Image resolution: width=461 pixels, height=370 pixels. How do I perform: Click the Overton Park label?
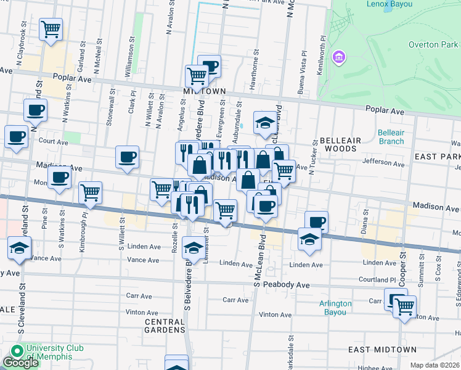(433, 44)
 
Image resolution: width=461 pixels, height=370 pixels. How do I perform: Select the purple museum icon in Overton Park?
(338, 58)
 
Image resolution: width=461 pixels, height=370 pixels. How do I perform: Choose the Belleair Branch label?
(391, 137)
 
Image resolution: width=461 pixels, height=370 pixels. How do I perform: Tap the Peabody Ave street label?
(286, 286)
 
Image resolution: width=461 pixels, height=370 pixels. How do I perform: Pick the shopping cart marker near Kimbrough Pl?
(91, 192)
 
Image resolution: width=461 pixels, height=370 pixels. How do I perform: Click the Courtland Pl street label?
(378, 279)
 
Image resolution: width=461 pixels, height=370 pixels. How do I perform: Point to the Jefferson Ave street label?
(383, 163)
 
